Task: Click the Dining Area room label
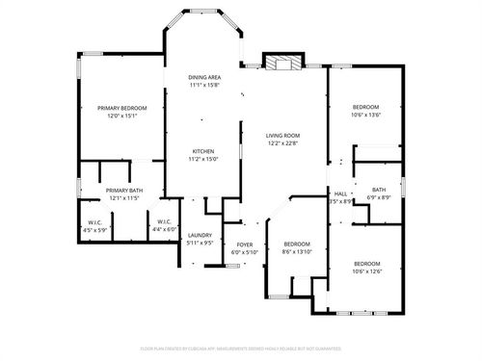click(204, 76)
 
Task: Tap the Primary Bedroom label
click(122, 108)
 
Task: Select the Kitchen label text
click(202, 152)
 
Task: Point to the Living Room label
click(283, 136)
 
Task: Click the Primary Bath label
click(124, 191)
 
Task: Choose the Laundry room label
click(200, 235)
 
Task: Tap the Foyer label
click(245, 245)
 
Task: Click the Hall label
click(340, 193)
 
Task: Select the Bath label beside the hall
click(379, 190)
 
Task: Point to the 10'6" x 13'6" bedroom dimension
click(365, 114)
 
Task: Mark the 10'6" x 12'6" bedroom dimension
click(366, 271)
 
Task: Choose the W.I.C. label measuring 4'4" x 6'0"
click(164, 229)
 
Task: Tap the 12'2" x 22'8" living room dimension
click(283, 143)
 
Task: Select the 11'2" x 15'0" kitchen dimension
click(202, 160)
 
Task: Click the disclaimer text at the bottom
click(241, 348)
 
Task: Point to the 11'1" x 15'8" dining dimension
click(204, 84)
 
